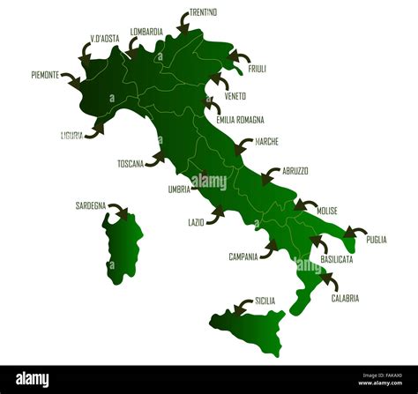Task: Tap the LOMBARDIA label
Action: click(x=146, y=32)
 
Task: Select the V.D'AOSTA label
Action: click(x=105, y=39)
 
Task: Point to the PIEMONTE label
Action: click(x=45, y=76)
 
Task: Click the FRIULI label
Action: click(x=257, y=69)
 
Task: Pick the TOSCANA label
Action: click(x=130, y=164)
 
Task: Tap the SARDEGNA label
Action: click(x=91, y=205)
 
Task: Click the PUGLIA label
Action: click(x=377, y=239)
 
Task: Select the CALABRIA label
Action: click(x=345, y=299)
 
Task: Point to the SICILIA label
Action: click(x=265, y=301)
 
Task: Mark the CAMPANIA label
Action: click(x=243, y=257)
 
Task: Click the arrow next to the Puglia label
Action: click(x=355, y=233)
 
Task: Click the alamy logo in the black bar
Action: click(x=33, y=379)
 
